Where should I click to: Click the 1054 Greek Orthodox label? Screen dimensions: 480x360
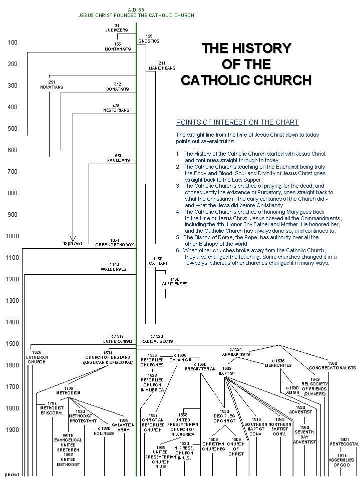pos(115,242)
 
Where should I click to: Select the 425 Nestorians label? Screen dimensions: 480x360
pos(116,108)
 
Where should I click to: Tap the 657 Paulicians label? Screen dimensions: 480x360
pos(118,158)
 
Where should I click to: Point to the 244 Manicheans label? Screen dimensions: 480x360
pos(162,66)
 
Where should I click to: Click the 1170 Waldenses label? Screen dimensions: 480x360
pos(114,267)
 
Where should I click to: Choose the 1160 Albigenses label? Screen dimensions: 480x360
pos(174,281)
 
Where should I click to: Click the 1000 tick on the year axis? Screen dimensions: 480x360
pos(12,236)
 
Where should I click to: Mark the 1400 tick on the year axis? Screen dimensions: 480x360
pos(12,322)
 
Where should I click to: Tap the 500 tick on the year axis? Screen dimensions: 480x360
pos(12,129)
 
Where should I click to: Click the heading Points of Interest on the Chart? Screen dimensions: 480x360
pos(237,122)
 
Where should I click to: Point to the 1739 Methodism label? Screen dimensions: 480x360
pos(69,390)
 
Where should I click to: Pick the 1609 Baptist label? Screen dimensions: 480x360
pos(226,371)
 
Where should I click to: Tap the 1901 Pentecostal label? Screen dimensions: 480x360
pos(344,441)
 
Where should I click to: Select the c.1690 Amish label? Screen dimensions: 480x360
pos(292,390)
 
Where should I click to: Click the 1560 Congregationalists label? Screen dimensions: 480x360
pos(332,365)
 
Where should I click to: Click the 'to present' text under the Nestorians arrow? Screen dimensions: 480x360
pos(73,243)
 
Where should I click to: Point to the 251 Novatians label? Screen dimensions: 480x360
pos(52,84)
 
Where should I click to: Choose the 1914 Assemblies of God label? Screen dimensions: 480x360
pos(341,460)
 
